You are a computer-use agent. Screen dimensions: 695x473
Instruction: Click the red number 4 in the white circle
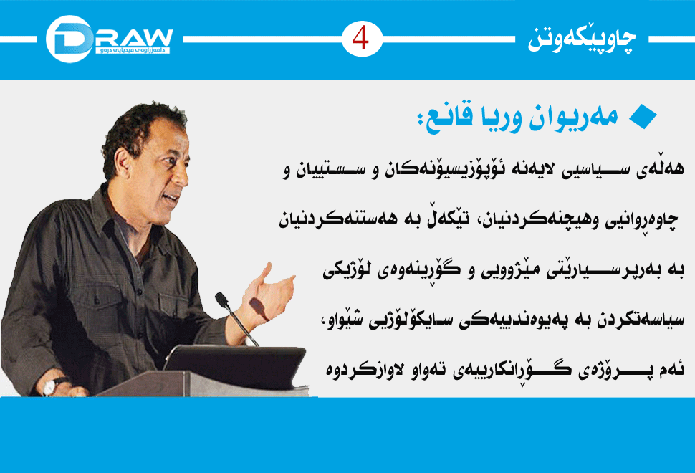[360, 39]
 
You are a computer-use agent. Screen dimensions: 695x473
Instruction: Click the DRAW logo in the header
[109, 39]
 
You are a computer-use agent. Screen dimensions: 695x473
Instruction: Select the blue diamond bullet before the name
[643, 117]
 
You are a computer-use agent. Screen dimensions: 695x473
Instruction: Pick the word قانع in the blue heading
[444, 118]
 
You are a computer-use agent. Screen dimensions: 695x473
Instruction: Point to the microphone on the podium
[235, 317]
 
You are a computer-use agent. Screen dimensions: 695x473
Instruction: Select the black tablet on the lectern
[235, 365]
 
